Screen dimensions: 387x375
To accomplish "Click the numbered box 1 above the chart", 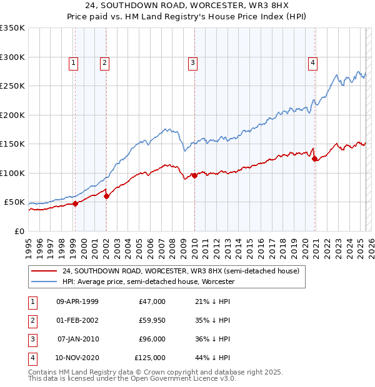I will (x=74, y=62).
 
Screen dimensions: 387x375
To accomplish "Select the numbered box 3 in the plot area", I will (x=192, y=62).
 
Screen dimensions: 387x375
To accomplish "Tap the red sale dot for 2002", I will (x=106, y=196).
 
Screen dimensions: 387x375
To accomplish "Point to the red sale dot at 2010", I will (x=194, y=175).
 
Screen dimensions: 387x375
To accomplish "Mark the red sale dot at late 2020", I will (x=314, y=159).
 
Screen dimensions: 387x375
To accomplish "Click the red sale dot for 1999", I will (x=75, y=203).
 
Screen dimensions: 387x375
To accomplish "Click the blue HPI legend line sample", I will (x=43, y=282).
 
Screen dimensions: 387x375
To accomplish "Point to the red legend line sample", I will (x=43, y=272).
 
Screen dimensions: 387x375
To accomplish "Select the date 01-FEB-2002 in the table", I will (x=77, y=320).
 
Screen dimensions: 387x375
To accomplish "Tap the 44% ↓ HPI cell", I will (x=212, y=358).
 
